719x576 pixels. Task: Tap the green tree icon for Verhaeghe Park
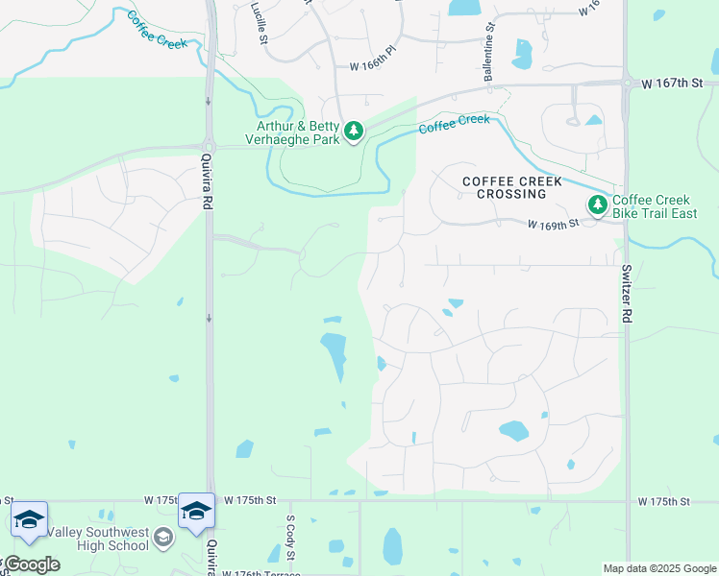click(354, 131)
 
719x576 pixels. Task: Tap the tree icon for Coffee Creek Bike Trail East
click(598, 204)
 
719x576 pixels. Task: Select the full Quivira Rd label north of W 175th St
click(206, 182)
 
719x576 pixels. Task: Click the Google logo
click(31, 564)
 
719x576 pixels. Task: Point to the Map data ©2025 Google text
click(658, 568)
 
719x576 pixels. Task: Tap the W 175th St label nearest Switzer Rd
click(664, 501)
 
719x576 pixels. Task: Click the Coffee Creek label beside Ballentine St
click(454, 125)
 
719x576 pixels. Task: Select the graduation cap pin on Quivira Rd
click(196, 512)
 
